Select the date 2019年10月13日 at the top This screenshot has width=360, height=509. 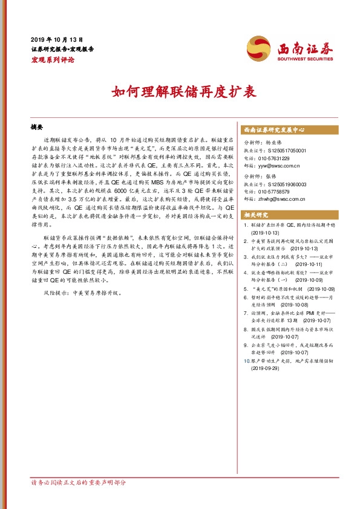(x=56, y=38)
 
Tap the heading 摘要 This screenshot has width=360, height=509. (x=37, y=128)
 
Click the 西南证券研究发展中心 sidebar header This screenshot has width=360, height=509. (x=273, y=130)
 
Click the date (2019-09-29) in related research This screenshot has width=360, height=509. (x=267, y=367)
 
